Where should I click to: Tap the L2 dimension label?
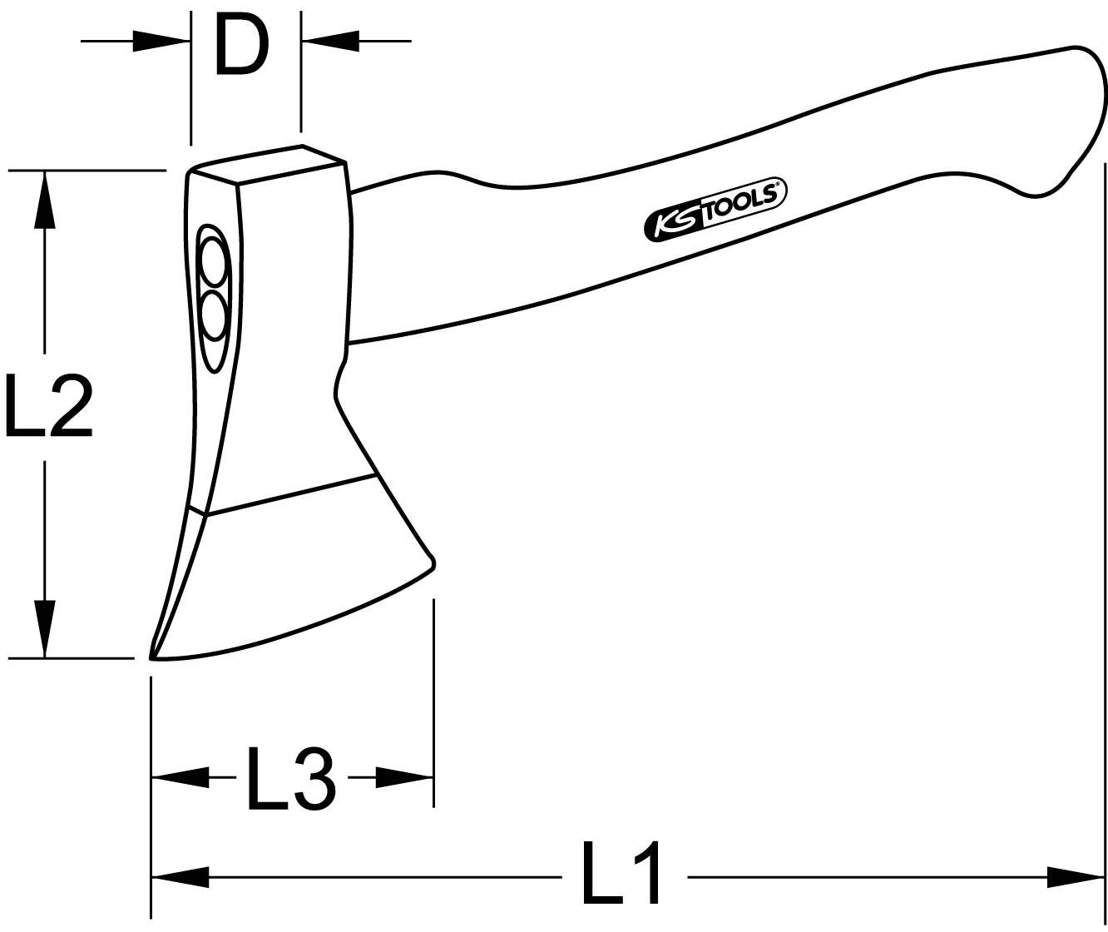(48, 405)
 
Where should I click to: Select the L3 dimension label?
(291, 779)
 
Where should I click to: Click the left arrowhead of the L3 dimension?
(180, 778)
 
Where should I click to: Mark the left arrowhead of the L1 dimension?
(180, 876)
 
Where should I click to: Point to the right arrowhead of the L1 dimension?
(1076, 876)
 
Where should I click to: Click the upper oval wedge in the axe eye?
(213, 261)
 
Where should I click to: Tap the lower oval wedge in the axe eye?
(214, 315)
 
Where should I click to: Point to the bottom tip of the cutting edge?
(154, 657)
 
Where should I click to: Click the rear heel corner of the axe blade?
(432, 563)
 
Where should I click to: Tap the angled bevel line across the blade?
(291, 495)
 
